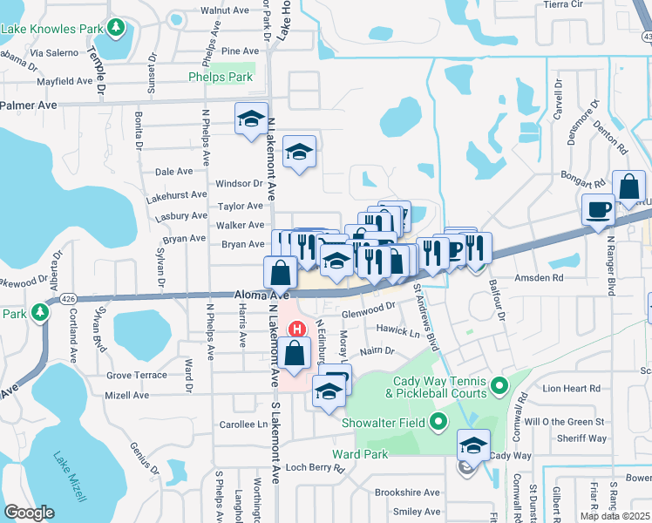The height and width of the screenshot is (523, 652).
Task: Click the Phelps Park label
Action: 220,77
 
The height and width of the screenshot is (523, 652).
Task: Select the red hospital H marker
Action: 297,329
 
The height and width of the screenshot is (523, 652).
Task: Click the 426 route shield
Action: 68,299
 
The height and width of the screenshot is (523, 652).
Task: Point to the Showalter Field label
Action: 388,424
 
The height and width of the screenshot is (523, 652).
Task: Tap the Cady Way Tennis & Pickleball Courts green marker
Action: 499,384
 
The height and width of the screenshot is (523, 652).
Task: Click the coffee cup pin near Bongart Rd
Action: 598,209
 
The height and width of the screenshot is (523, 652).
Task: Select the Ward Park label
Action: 360,454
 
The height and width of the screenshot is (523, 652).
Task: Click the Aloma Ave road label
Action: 261,296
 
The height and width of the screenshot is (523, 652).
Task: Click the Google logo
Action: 30,513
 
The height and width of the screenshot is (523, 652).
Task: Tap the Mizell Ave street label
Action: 127,395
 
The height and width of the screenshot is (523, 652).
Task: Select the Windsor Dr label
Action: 239,183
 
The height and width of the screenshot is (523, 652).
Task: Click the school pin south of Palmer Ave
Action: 250,118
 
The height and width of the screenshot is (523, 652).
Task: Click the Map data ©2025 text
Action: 614,516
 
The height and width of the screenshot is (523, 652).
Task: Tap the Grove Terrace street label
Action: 136,375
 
